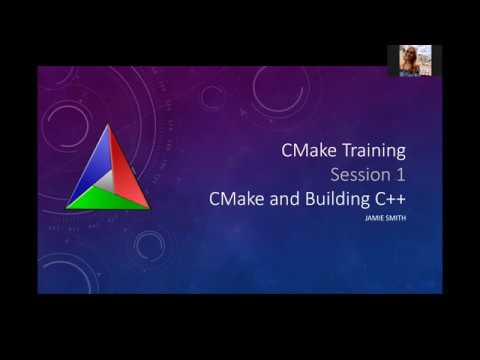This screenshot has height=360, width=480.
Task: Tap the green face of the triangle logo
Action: tap(108, 199)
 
